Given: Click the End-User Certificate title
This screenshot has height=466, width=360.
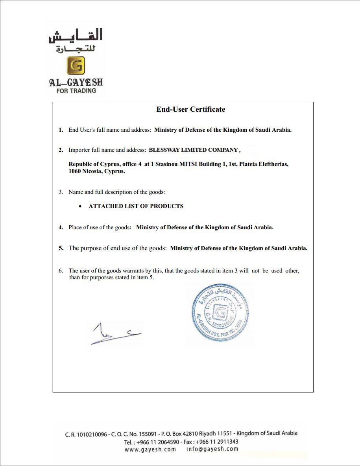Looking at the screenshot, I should (x=191, y=109).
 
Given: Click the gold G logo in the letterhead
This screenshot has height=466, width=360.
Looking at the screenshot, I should (x=76, y=66).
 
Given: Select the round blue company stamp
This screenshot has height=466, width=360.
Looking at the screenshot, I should (x=220, y=315).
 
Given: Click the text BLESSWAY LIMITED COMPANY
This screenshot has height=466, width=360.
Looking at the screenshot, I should (x=193, y=150).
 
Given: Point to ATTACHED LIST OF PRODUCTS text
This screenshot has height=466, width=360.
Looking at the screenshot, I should (x=136, y=206).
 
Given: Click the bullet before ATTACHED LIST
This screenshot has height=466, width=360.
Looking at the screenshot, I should (x=80, y=206).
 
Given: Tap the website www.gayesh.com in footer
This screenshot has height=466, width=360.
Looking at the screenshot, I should (x=150, y=449).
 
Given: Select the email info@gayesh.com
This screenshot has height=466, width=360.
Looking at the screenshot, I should (x=212, y=449).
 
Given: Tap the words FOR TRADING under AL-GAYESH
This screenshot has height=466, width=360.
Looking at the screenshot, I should (x=76, y=90).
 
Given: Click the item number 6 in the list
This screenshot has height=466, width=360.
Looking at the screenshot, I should (x=61, y=271).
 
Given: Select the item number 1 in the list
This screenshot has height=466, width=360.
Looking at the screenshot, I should (x=61, y=130).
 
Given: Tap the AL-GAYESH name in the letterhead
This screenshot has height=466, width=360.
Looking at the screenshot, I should (x=76, y=82).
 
